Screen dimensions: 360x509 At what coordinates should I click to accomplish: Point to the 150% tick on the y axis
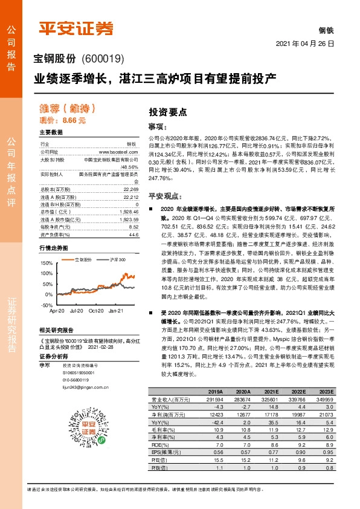[x=47, y=264]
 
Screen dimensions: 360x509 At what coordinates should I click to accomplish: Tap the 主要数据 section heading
[x=51, y=132]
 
